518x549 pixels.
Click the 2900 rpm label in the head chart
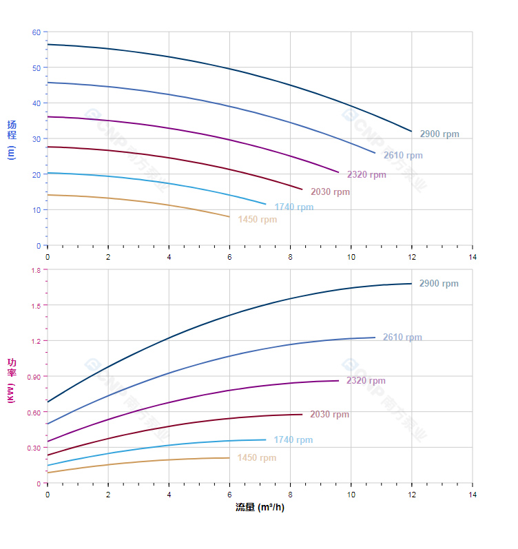pos(439,134)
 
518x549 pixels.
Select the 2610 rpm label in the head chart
pos(403,156)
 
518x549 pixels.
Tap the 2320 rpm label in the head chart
pos(366,175)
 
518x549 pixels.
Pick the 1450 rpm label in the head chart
pos(258,220)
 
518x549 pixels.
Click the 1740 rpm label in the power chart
pos(293,440)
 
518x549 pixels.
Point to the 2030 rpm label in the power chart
pos(329,415)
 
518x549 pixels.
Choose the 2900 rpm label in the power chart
pos(439,284)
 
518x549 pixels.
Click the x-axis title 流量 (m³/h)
pos(260,508)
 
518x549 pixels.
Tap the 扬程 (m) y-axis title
pos(11,139)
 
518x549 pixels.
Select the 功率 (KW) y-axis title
pos(11,380)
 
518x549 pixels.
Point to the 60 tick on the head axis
pos(36,32)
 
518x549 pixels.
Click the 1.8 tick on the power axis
pos(36,270)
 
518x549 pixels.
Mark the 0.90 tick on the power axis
pos(34,376)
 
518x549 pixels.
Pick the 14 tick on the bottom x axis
pos(473,495)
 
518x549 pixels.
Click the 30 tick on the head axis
pos(36,139)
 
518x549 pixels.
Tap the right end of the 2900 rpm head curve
pos(412,132)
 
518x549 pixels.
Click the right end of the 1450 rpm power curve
pos(229,458)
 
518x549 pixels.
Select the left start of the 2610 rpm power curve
pos(48,424)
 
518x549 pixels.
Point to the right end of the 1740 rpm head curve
pos(266,204)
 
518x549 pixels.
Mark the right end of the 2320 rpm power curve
pos(339,381)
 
